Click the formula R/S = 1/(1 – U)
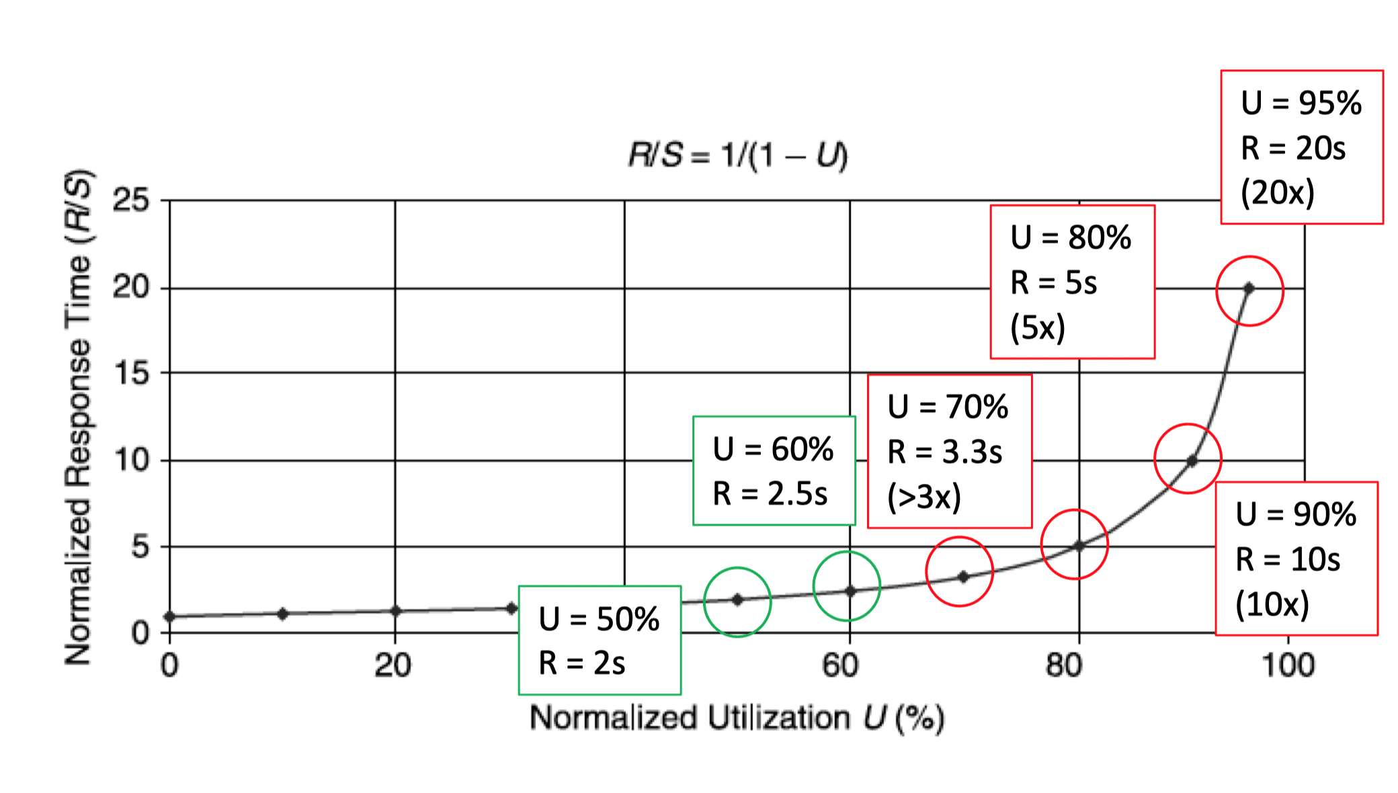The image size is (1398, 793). coord(737,155)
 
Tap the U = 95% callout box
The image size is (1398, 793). coord(1301,147)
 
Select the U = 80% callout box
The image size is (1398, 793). coord(1072,282)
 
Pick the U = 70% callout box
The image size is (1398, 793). coord(949,451)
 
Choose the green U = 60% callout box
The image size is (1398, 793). coord(774,470)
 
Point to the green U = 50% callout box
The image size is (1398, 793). coord(600,640)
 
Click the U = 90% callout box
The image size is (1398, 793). coord(1297,558)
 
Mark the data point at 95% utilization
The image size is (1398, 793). coord(1249,288)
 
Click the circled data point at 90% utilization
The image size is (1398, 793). coord(1192,461)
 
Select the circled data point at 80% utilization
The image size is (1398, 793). coord(1078,546)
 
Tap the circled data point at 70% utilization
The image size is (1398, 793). coord(963,577)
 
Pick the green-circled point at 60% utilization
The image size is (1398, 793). coord(850,591)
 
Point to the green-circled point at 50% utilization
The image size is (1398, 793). coord(737,599)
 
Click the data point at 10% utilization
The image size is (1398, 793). coord(283,614)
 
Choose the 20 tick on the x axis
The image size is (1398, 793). coord(393,665)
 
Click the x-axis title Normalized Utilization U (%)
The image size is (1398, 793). coord(737,718)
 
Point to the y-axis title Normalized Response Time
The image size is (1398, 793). coord(78,417)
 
